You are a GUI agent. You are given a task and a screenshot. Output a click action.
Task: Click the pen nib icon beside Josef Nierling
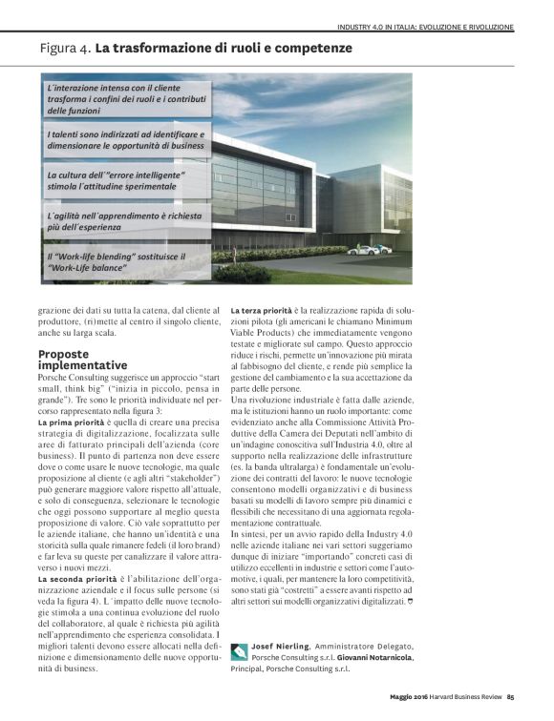tap(239, 653)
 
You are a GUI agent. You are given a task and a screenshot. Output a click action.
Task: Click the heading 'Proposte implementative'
tap(83, 359)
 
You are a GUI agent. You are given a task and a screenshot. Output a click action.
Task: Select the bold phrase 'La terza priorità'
tap(268, 312)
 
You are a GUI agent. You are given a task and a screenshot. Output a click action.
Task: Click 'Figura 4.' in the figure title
tap(66, 47)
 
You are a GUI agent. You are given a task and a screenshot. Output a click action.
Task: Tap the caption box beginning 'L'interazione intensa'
tap(125, 98)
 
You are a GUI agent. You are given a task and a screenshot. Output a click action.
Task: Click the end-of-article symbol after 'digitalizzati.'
tap(490, 603)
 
